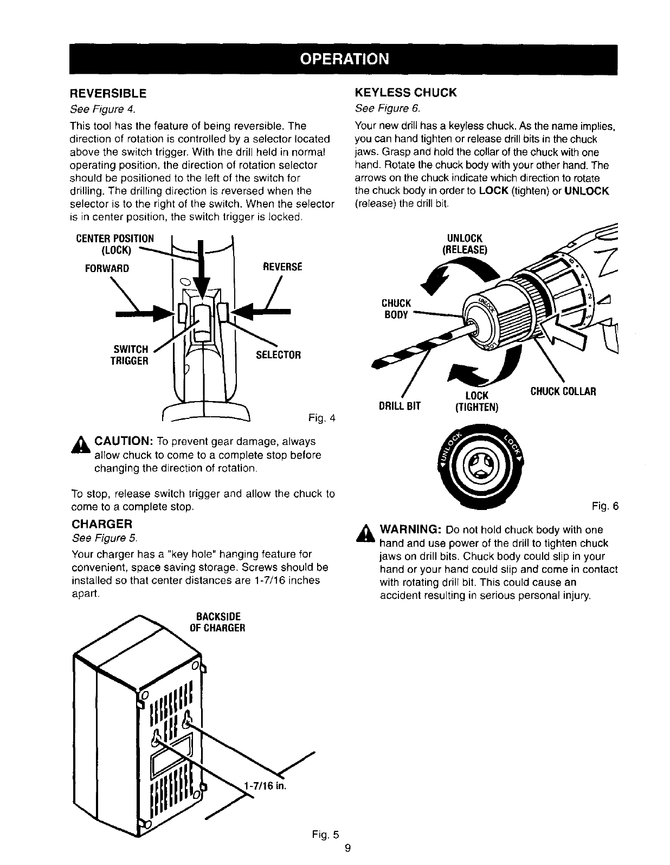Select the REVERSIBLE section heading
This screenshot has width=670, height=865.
pos(108,93)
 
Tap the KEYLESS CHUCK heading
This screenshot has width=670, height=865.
pos(406,93)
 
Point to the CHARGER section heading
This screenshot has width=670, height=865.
pos(102,524)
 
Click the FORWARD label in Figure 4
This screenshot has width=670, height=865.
pos(107,268)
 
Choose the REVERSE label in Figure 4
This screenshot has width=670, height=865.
pos(282,267)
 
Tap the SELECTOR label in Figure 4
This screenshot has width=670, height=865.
pos(278,356)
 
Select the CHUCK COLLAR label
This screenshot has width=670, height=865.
pos(563,391)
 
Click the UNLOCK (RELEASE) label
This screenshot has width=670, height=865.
pos(465,244)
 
